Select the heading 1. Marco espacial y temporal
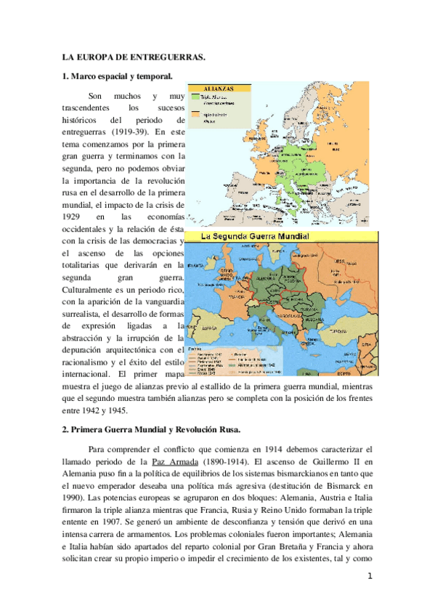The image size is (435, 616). pyautogui.click(x=116, y=76)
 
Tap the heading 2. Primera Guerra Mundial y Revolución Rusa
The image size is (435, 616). pyautogui.click(x=155, y=429)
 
